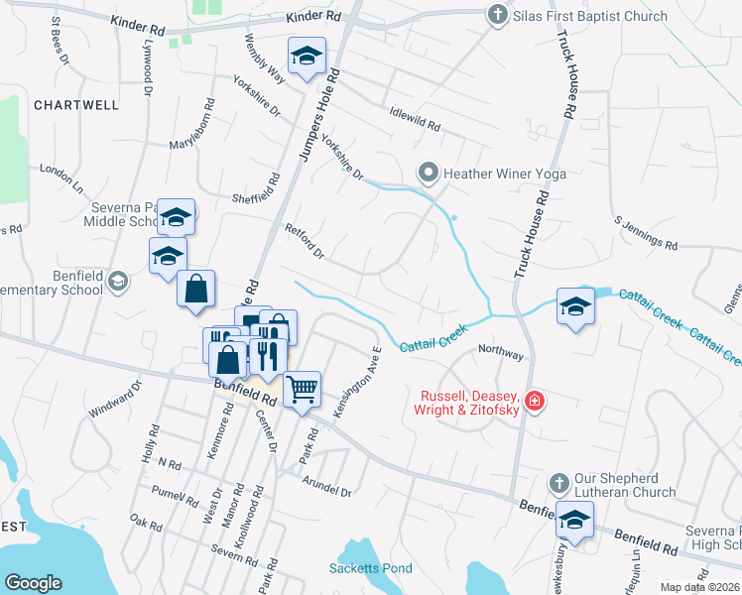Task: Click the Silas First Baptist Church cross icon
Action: point(497,15)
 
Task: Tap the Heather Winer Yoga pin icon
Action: point(429,174)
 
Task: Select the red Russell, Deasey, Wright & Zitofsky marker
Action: point(535,401)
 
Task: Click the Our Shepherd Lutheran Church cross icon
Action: point(558,483)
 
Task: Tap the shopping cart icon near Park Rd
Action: point(302,388)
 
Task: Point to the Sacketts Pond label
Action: point(370,568)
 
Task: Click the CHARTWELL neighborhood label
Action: point(76,104)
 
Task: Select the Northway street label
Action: point(500,351)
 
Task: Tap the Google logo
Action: point(33,583)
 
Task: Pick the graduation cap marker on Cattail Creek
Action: point(575,307)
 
